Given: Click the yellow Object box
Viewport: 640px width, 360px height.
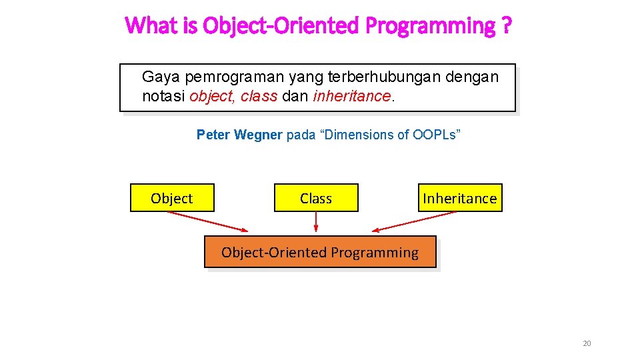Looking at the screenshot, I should [172, 198].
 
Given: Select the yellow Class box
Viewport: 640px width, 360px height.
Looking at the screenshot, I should [316, 198].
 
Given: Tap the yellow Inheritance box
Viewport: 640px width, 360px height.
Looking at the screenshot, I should [460, 198].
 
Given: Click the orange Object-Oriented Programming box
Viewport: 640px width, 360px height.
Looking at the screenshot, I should [320, 252].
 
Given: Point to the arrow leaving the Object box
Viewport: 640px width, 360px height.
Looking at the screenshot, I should [207, 221].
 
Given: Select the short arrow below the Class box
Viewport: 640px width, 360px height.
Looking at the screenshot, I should [316, 222].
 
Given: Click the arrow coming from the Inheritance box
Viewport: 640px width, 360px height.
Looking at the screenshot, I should [413, 221].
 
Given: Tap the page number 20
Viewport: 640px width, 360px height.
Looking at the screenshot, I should [587, 343].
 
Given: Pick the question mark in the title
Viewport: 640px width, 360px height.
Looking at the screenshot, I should [507, 26].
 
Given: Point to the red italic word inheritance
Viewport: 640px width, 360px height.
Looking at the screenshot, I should [351, 96].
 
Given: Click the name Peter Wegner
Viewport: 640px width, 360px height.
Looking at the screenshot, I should [239, 135].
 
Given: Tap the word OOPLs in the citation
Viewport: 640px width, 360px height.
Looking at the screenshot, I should [433, 135].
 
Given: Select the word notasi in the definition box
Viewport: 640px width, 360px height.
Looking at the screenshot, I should [164, 96].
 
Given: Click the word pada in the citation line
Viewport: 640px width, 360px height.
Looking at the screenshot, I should [300, 135].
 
